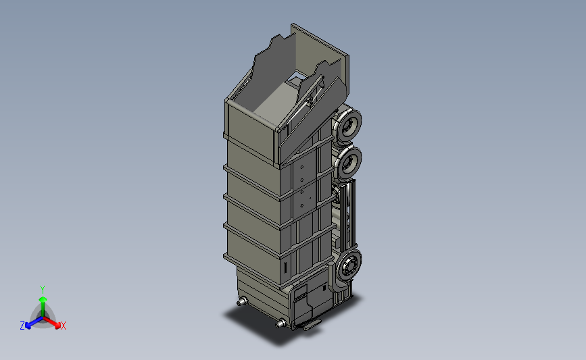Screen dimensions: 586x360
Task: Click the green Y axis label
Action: coord(43,290)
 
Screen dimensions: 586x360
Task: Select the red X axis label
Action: coord(63,326)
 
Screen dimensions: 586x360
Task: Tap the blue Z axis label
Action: coord(22,326)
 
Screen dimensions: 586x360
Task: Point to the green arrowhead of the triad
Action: coord(43,299)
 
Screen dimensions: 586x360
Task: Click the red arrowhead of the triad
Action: coord(57,326)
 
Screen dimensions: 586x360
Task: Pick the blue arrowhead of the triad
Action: coord(28,326)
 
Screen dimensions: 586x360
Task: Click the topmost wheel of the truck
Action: coord(348,126)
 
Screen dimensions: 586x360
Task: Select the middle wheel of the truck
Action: coord(348,163)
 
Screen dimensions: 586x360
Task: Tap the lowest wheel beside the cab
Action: coord(349,267)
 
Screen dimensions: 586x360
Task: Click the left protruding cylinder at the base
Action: coord(242,301)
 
